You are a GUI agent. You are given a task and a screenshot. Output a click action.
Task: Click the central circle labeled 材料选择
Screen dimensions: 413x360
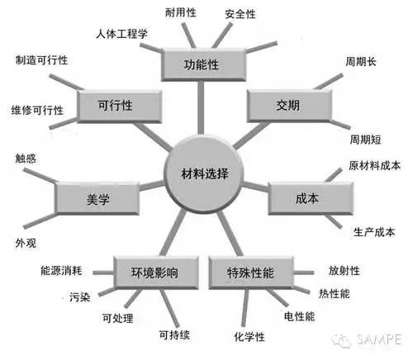click(x=204, y=173)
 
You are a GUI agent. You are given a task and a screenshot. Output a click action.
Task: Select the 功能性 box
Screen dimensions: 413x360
click(x=203, y=65)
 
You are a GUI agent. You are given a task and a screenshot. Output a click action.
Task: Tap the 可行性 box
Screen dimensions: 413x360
click(x=119, y=107)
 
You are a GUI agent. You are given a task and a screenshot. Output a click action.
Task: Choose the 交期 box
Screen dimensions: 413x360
click(x=289, y=106)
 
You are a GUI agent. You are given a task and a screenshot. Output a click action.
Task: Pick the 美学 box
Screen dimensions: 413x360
click(x=97, y=198)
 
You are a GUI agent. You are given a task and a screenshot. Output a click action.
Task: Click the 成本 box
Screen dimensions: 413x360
click(x=311, y=198)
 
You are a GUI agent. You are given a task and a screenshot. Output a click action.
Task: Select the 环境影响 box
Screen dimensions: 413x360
click(x=156, y=272)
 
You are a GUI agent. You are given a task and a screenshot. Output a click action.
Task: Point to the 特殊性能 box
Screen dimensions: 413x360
click(x=251, y=272)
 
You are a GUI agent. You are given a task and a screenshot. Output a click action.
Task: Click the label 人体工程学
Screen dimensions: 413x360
click(x=121, y=34)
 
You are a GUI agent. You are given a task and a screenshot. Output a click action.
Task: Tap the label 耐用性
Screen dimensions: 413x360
click(x=181, y=12)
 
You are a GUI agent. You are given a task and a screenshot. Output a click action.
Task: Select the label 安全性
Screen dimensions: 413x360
click(x=240, y=14)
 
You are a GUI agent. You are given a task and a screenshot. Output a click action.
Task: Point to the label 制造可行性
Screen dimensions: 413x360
click(x=41, y=60)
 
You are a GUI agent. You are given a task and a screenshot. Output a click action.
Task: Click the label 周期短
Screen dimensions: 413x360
click(x=365, y=140)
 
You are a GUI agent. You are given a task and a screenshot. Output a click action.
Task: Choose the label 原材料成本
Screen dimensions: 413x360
click(x=374, y=166)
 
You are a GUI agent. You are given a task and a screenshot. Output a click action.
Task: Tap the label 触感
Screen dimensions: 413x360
click(x=26, y=159)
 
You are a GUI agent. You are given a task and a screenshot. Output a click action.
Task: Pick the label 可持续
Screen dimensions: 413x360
click(x=174, y=335)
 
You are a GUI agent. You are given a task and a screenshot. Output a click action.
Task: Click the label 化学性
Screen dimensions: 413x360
click(x=249, y=337)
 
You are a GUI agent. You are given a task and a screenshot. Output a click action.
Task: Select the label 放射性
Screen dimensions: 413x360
click(x=344, y=271)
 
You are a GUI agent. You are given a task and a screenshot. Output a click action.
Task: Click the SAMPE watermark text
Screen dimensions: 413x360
click(x=379, y=339)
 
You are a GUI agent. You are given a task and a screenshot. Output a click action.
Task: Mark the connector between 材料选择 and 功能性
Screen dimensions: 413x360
click(x=201, y=107)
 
